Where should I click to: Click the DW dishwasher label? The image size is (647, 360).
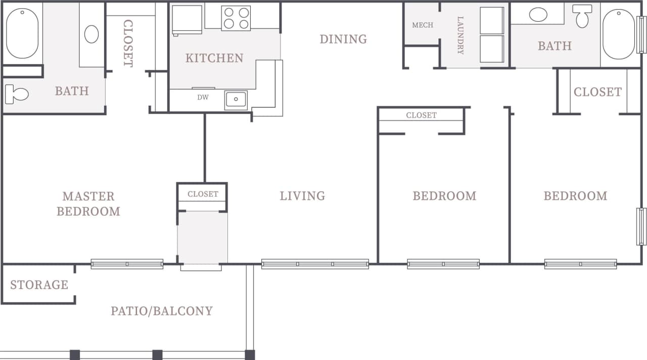203,98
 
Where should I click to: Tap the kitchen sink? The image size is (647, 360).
236,99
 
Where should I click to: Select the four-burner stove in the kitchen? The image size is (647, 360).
236,18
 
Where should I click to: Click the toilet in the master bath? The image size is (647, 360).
16,94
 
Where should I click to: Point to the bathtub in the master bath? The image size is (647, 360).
22,33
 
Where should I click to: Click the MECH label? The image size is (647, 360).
423,25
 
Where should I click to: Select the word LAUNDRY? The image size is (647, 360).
460,35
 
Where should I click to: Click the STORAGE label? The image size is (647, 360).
39,285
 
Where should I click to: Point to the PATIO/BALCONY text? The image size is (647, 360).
162,310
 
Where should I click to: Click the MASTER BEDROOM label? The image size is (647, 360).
88,203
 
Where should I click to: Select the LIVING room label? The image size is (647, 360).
302,196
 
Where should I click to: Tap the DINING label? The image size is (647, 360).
343,39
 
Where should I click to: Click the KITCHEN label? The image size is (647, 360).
214,58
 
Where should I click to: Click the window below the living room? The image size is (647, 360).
315,264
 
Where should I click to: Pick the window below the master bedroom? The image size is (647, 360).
127,264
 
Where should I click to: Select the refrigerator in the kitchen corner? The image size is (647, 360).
187,20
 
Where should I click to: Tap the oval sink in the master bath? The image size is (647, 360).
91,34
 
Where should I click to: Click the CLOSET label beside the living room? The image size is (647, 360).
203,194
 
